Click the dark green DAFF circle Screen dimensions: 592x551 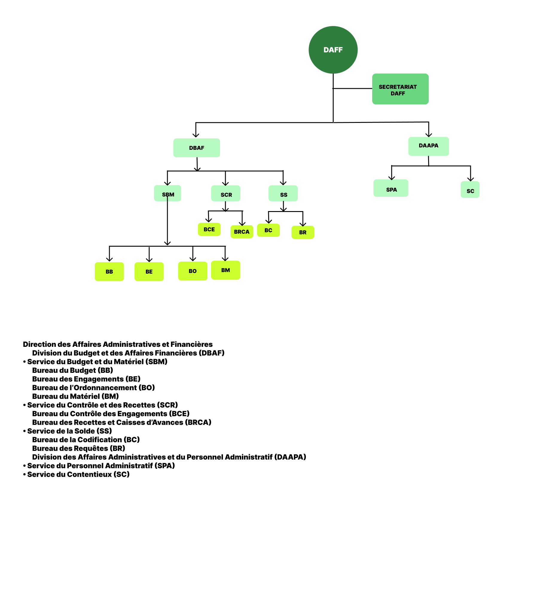333,50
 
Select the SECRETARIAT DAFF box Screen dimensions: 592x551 400,89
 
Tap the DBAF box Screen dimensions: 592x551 197,148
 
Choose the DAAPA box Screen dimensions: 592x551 428,146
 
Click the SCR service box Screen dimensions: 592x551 226,193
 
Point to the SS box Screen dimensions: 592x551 283,193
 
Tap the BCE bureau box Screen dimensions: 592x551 209,229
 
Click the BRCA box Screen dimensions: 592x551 242,232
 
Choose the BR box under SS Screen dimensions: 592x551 303,232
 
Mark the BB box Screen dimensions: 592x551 109,271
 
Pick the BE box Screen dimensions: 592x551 149,271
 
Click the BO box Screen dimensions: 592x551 193,271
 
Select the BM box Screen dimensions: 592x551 225,270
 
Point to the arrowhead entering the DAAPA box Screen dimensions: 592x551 429,135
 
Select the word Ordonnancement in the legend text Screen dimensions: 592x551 105,387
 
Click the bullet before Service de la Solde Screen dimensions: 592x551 25,431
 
